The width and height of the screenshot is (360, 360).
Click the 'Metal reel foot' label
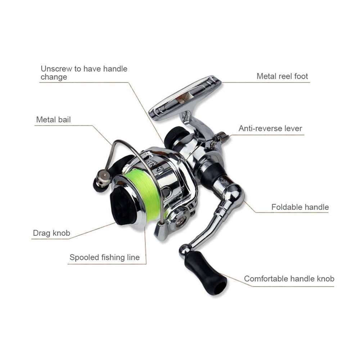point(282,76)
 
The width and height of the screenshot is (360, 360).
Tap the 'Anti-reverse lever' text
point(270,129)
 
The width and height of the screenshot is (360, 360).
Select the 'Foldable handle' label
point(300,207)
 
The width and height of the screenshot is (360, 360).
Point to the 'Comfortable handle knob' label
point(289,279)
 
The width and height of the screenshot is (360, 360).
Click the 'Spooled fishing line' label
point(104,257)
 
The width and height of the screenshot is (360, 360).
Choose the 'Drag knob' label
point(51,233)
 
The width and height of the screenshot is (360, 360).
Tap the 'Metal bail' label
point(53,120)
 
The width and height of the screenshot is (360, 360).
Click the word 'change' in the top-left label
point(54,77)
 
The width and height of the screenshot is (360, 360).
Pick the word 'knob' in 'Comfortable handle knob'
point(325,279)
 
